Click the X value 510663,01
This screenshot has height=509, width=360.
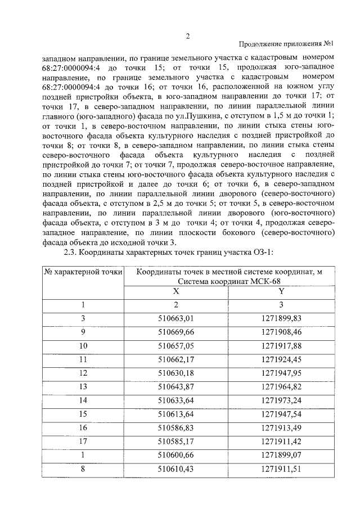(x=176, y=318)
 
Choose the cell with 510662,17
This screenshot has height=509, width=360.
(x=176, y=359)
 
